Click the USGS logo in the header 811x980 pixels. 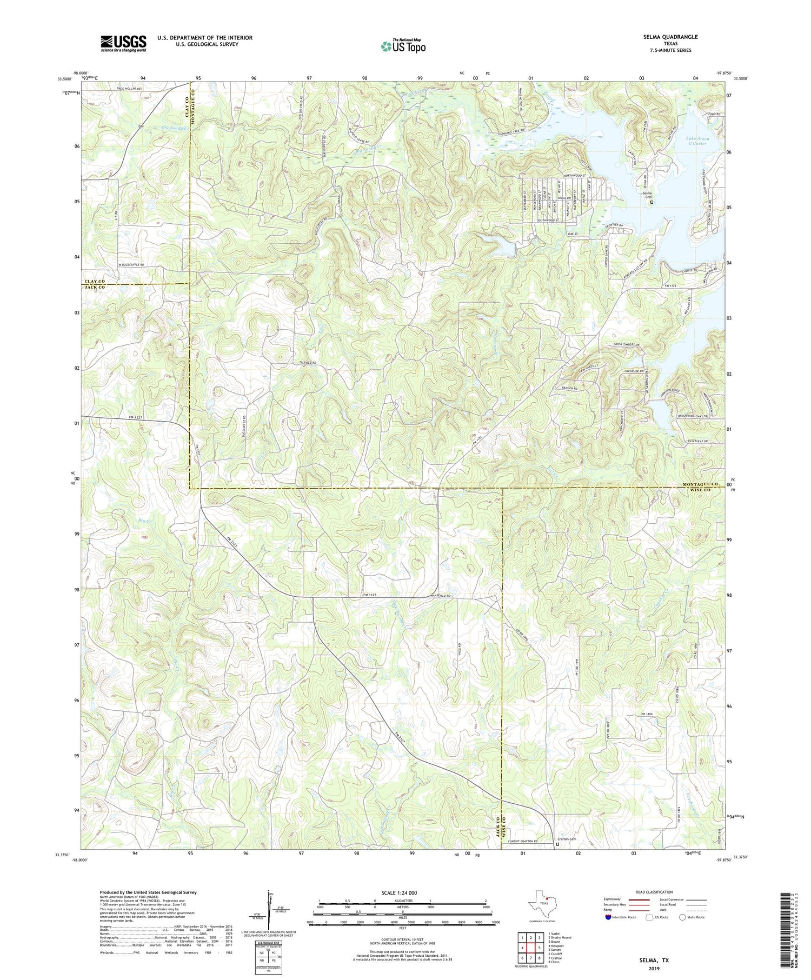point(123,43)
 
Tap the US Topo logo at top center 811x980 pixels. point(403,46)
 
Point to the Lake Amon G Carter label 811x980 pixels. point(697,141)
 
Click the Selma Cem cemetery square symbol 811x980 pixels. point(652,203)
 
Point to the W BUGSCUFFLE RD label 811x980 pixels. point(131,265)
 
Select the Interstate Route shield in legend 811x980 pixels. point(609,917)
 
